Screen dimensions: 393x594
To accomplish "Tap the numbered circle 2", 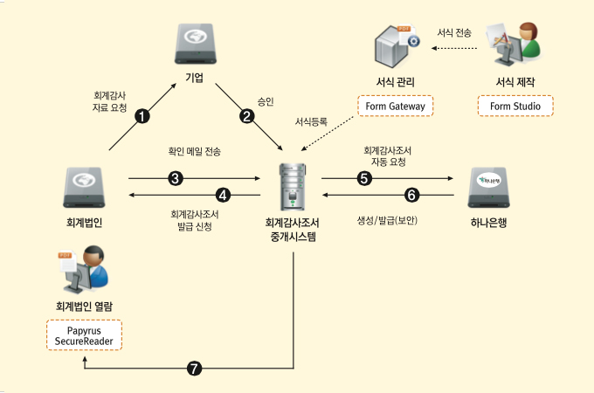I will pyautogui.click(x=247, y=115).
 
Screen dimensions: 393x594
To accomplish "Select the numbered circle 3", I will pyautogui.click(x=175, y=178).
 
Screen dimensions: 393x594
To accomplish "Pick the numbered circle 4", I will pyautogui.click(x=224, y=193).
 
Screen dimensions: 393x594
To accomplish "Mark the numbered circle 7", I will pyautogui.click(x=195, y=369).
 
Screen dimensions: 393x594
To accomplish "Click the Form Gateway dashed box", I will pyautogui.click(x=395, y=107).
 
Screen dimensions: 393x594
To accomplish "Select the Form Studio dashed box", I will pyautogui.click(x=515, y=107).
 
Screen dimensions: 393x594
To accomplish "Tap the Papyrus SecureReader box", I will pyautogui.click(x=85, y=335).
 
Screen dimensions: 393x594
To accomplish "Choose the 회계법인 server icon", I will pyautogui.click(x=85, y=185).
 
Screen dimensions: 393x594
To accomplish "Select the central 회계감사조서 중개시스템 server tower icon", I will pyautogui.click(x=292, y=184).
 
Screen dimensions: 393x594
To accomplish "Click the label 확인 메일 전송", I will pyautogui.click(x=194, y=151).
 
